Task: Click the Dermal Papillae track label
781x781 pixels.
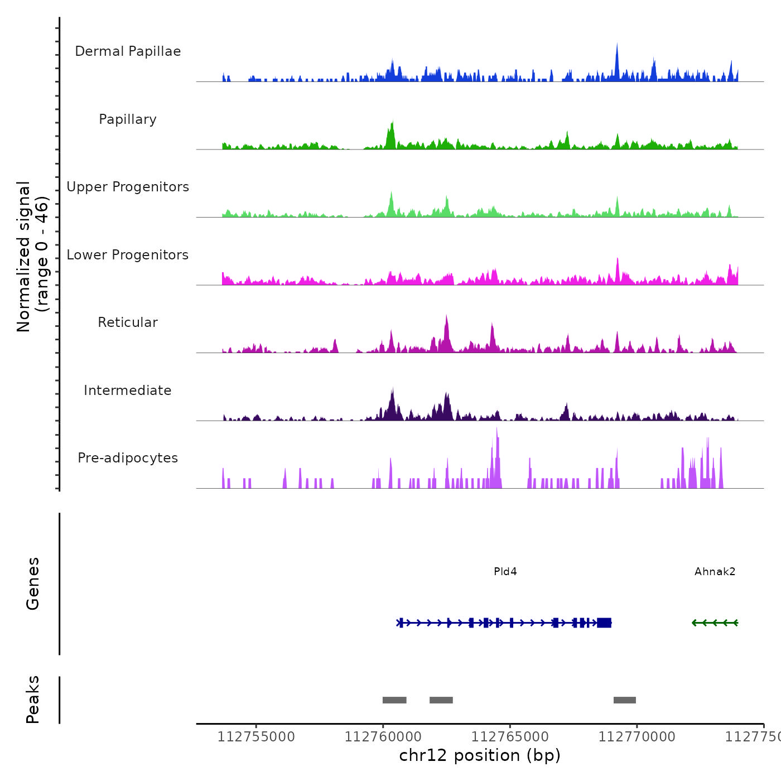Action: (x=128, y=51)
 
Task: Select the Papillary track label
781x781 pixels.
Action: (x=128, y=119)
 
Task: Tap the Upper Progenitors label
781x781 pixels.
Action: (x=128, y=187)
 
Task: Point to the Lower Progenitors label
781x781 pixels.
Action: (x=128, y=255)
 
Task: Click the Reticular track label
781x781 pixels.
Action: (x=128, y=322)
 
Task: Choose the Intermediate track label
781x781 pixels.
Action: (x=128, y=390)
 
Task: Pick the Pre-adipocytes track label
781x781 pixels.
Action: (x=128, y=458)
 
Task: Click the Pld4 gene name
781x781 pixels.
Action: (x=505, y=571)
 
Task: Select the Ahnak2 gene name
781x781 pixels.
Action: (x=715, y=571)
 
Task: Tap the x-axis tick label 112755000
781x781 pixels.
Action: (x=256, y=737)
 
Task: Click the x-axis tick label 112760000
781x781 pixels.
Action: (x=383, y=737)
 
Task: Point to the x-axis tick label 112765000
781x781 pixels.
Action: (x=510, y=737)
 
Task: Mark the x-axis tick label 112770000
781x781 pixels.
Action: (x=637, y=737)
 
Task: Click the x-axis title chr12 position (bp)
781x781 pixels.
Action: (x=480, y=755)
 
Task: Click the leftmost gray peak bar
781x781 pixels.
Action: (x=394, y=700)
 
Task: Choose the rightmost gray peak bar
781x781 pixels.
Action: (x=625, y=700)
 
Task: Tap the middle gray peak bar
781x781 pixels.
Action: (x=441, y=700)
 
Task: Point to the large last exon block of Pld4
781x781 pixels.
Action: (x=604, y=623)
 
